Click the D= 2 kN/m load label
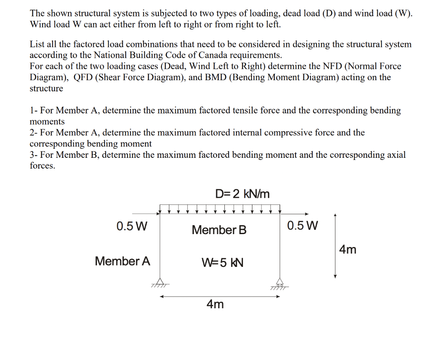(x=242, y=194)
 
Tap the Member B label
(x=219, y=230)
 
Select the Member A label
(x=122, y=261)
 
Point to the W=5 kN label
(x=222, y=262)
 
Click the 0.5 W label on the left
(x=132, y=226)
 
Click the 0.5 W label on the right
(x=302, y=225)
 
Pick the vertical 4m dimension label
(x=348, y=250)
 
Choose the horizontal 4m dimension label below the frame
(x=215, y=304)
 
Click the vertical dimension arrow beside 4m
(x=335, y=246)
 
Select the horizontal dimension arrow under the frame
(x=220, y=297)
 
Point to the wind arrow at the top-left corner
(x=146, y=213)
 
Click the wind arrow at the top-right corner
(x=295, y=213)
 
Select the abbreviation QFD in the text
(x=84, y=78)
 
